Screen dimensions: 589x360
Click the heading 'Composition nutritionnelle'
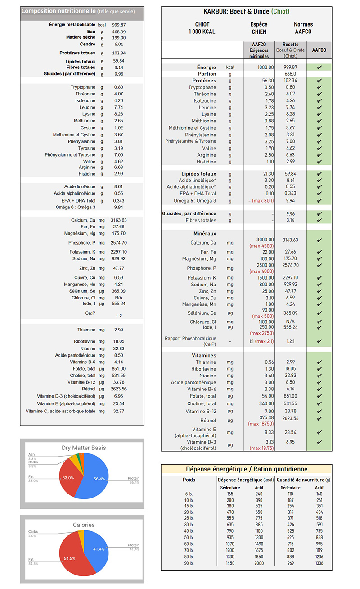(x=58, y=11)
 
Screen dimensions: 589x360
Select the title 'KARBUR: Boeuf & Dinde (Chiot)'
(x=246, y=11)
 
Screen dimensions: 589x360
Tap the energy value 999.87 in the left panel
(x=119, y=25)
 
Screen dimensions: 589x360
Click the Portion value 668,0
(x=290, y=74)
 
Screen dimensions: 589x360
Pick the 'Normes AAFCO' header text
(x=303, y=28)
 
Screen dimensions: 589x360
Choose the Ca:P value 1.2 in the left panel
(x=119, y=316)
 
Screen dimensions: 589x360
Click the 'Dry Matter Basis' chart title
(x=84, y=448)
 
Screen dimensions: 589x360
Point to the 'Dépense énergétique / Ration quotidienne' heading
(x=247, y=469)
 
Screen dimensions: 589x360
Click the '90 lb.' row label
(x=189, y=563)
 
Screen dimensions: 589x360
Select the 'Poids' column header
(x=189, y=480)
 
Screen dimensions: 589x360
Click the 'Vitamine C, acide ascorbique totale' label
(x=60, y=411)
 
